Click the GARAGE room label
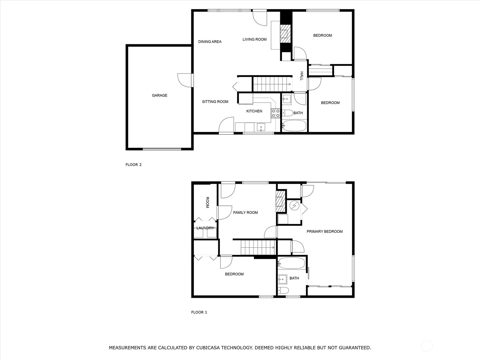tap(159, 95)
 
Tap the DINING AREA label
tap(210, 41)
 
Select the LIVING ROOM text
tap(254, 39)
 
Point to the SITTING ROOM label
tap(215, 102)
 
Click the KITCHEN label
tap(254, 111)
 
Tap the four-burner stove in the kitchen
tap(275, 113)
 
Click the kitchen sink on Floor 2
tap(261, 127)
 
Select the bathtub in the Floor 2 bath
tap(294, 126)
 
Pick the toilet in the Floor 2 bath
tap(287, 113)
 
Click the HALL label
tap(301, 76)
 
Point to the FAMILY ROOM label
tap(245, 212)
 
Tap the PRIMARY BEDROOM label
tap(325, 232)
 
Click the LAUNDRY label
tap(205, 228)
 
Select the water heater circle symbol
tap(294, 205)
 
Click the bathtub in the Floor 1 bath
tap(292, 263)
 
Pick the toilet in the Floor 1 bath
tap(283, 290)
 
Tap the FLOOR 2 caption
tap(133, 165)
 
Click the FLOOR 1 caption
tap(199, 312)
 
